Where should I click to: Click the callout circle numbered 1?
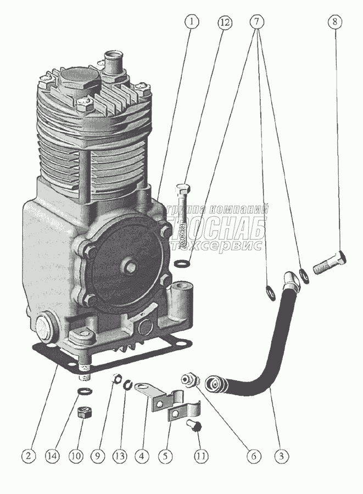[191, 23]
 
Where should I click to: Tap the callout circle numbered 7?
[256, 23]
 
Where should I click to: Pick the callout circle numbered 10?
[75, 455]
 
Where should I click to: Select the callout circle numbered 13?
[119, 455]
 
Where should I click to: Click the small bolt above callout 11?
[194, 425]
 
